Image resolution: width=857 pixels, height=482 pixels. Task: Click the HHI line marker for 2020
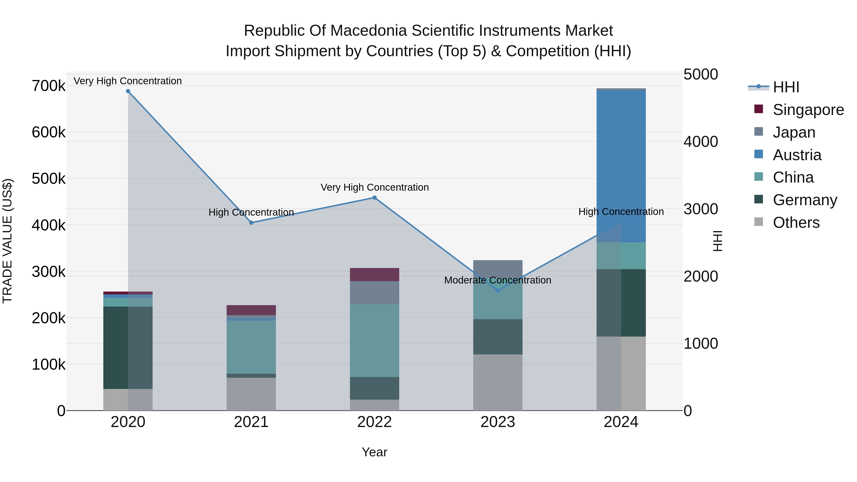[x=128, y=91]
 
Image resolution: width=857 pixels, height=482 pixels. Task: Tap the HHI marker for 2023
[x=498, y=290]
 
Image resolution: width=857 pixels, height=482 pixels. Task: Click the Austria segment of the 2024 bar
[x=621, y=166]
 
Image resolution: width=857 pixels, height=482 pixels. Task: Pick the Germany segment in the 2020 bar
[x=128, y=348]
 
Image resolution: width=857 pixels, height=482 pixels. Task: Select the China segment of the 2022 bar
[x=374, y=340]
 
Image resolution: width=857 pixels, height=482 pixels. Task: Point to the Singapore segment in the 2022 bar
[x=374, y=274]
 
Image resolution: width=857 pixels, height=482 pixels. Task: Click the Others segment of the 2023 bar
[x=498, y=382]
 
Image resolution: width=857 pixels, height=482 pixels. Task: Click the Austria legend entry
[x=797, y=155]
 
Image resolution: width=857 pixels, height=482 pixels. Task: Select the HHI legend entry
[x=786, y=87]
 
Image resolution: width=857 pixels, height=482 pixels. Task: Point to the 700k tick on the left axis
[x=49, y=86]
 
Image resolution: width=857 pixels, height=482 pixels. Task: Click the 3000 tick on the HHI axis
[x=701, y=209]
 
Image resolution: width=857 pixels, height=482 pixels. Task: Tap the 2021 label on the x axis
[x=251, y=422]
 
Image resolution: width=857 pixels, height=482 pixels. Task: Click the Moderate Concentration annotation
[x=498, y=280]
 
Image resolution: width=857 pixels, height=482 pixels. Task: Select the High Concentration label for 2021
[x=251, y=212]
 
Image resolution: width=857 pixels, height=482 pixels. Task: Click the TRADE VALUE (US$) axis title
[x=7, y=241]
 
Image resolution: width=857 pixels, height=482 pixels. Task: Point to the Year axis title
[x=374, y=452]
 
